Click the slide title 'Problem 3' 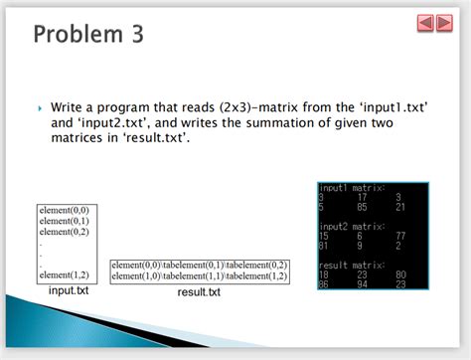88,34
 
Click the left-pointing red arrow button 424,22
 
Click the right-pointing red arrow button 443,22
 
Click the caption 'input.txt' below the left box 69,289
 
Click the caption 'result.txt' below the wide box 199,292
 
